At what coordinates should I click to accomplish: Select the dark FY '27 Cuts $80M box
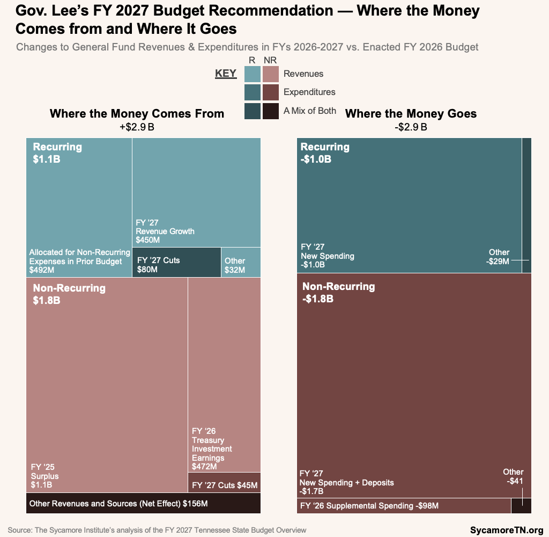[176, 263]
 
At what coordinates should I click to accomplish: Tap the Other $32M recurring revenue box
[241, 263]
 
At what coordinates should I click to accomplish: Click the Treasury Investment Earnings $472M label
[212, 449]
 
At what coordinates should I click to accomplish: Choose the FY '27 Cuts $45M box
[224, 485]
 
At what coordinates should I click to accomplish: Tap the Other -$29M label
[499, 257]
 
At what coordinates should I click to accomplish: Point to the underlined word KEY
[226, 74]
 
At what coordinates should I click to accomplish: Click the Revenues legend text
[303, 74]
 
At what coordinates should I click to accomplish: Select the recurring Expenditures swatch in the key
[253, 92]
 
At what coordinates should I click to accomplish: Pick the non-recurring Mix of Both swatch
[271, 111]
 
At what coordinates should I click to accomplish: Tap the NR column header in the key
[271, 61]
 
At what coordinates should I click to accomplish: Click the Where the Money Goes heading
[411, 113]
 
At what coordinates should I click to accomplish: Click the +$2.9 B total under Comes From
[137, 127]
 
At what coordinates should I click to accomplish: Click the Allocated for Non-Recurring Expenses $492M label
[79, 257]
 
